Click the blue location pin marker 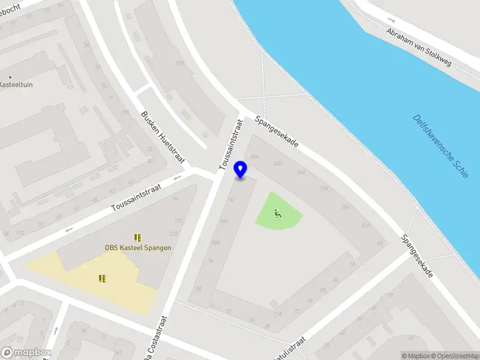point(241,169)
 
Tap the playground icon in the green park point(277,212)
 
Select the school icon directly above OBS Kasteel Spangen point(137,238)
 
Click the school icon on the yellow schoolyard point(102,278)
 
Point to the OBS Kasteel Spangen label point(138,248)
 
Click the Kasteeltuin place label point(16,85)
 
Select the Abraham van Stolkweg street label point(419,47)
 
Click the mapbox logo point(26,352)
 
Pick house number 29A point(254,156)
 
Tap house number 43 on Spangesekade point(380,243)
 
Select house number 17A point(178,63)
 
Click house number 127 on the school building point(173,233)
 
